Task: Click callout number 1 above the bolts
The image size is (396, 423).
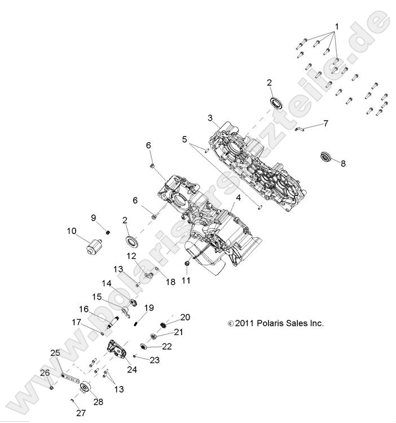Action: [337, 27]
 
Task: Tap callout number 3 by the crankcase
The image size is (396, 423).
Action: [210, 118]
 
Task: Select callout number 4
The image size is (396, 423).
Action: [239, 198]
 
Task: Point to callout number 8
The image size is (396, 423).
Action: [343, 164]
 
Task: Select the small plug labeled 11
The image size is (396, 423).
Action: [186, 264]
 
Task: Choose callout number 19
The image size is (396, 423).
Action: [149, 307]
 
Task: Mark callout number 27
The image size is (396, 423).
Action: [81, 413]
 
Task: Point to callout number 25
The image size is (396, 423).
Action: [55, 352]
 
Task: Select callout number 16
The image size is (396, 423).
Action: [84, 309]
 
